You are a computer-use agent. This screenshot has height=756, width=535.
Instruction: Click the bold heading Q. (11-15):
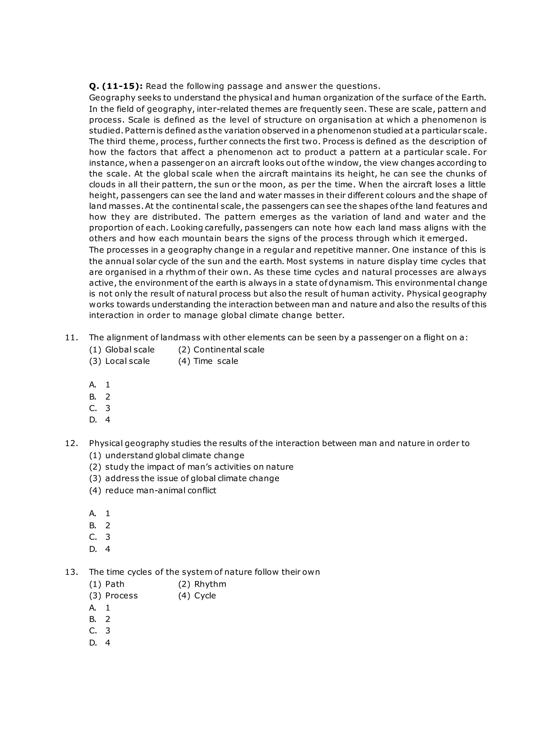click(x=116, y=86)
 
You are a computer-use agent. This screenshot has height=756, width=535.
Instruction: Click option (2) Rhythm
click(x=202, y=584)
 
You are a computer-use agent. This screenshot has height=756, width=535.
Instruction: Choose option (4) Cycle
click(x=197, y=596)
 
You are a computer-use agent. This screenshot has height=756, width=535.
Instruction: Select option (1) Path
click(x=107, y=584)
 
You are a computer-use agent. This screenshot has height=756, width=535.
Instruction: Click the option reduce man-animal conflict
click(x=153, y=490)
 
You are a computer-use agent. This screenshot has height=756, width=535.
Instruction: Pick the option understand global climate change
click(x=167, y=455)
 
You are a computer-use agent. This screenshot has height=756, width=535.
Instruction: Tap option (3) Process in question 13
click(x=113, y=596)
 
